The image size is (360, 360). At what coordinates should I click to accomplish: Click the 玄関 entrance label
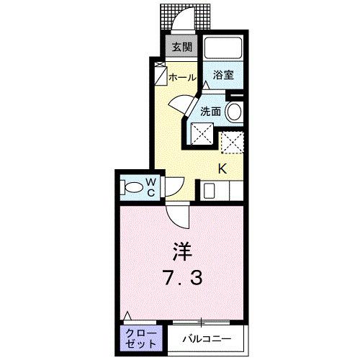coord(181,48)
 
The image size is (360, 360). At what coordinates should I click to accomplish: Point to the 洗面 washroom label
coord(210,112)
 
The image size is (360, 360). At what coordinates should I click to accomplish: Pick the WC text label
coord(152,186)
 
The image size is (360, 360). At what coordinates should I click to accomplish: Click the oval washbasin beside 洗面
coord(233,112)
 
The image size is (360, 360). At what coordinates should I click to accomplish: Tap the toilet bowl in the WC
coord(133,187)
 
